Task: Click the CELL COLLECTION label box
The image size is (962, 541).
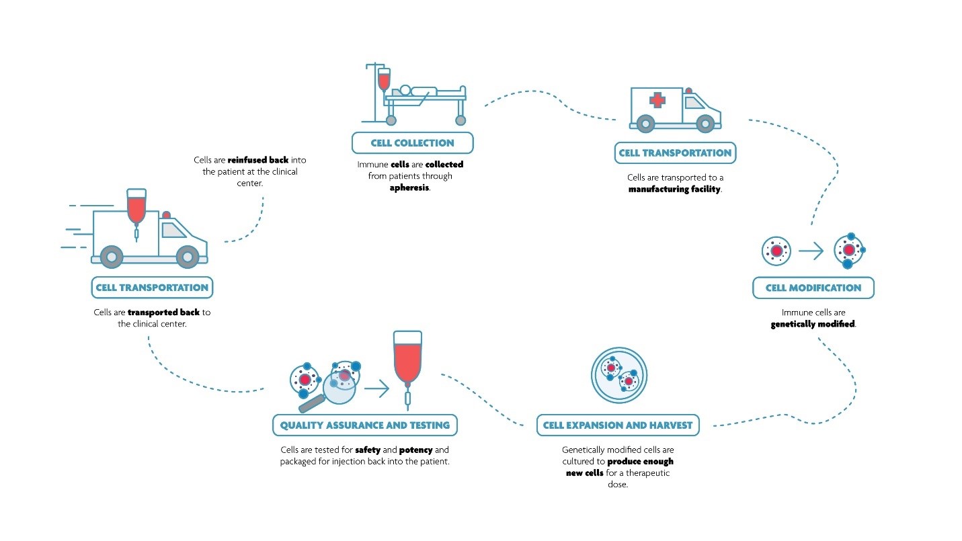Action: (x=412, y=142)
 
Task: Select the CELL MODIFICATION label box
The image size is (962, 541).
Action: (x=813, y=288)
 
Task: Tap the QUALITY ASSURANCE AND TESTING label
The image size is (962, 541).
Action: (x=364, y=425)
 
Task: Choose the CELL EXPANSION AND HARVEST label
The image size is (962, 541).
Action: (x=618, y=425)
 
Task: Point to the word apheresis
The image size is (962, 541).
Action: (x=409, y=188)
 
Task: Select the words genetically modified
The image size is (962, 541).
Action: (x=813, y=324)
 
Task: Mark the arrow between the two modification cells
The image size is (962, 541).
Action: (x=811, y=252)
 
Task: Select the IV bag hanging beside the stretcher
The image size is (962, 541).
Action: (x=383, y=79)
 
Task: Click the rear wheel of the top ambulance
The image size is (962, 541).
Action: (x=646, y=124)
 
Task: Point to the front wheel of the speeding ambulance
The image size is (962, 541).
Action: (x=188, y=256)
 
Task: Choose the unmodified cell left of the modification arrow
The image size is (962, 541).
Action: (x=776, y=251)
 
